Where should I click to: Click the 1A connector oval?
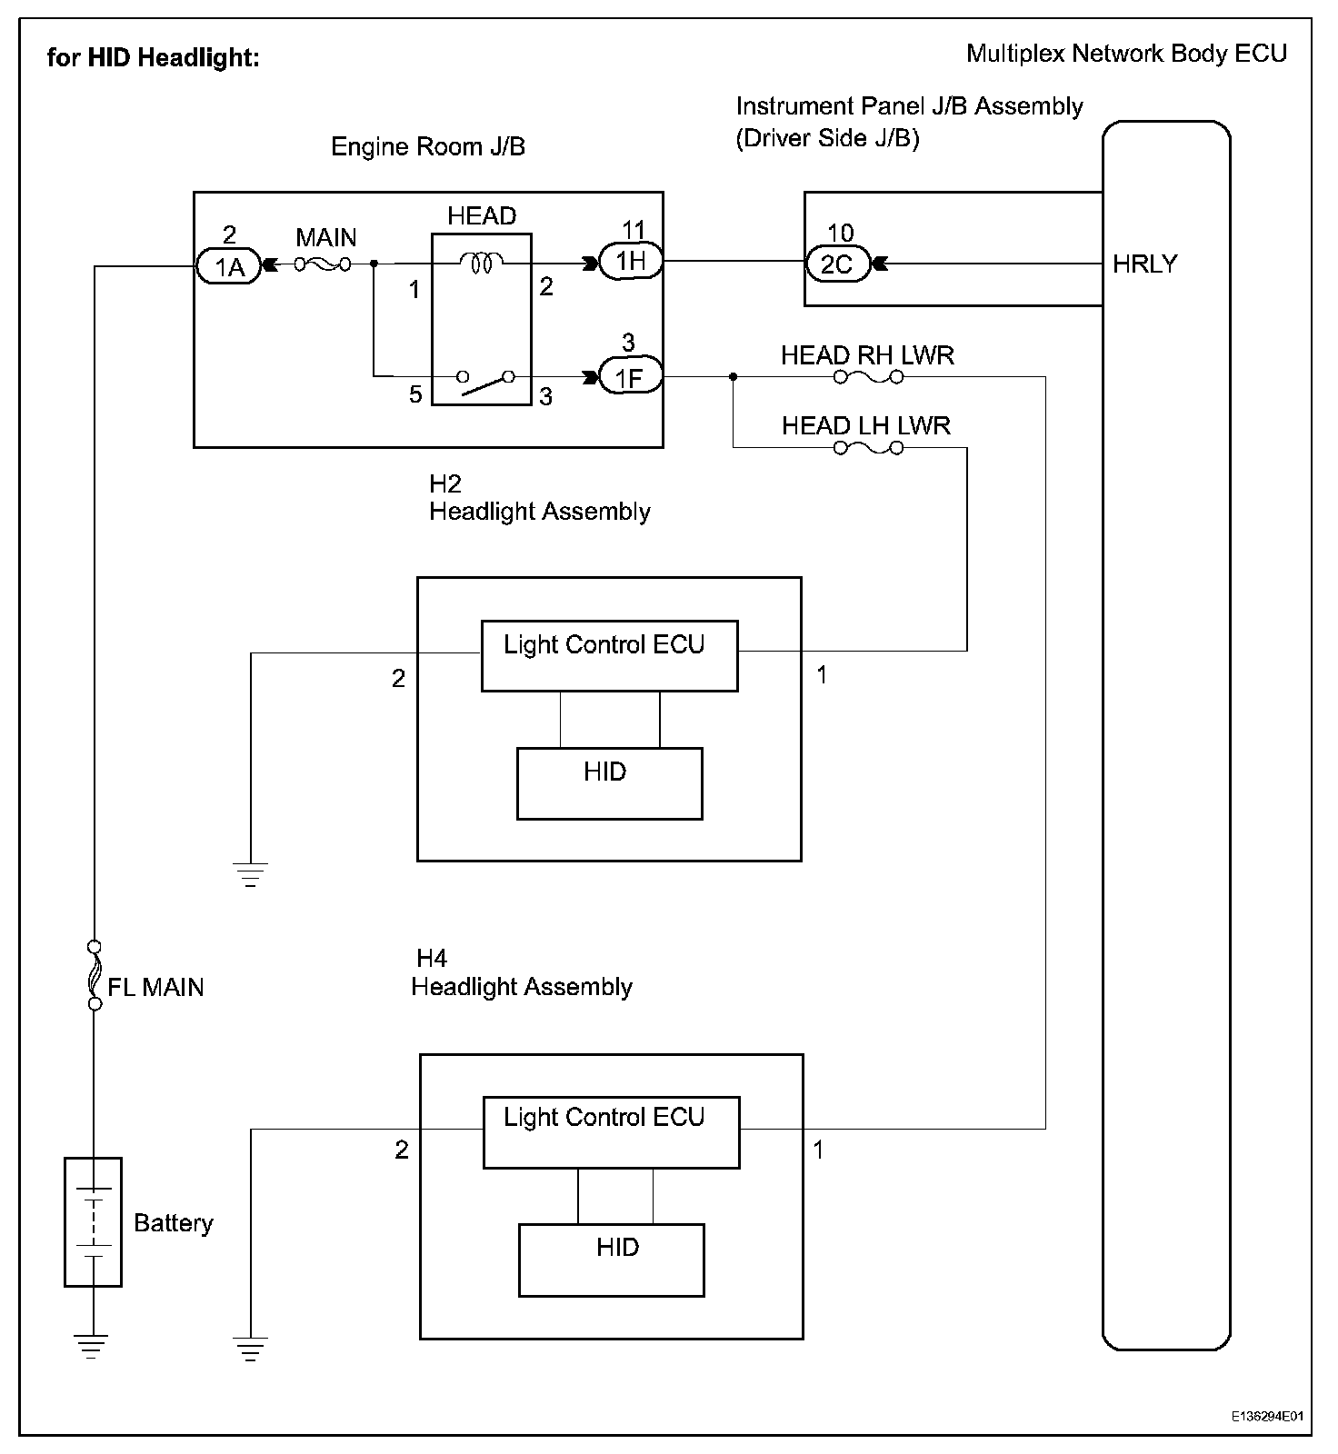pos(229,267)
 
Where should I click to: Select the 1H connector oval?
pos(631,262)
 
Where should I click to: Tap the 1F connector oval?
pos(630,376)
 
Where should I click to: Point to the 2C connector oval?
pos(837,264)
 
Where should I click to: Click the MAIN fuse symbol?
pos(323,265)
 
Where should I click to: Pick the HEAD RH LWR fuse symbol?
pos(868,376)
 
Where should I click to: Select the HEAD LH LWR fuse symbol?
pos(868,448)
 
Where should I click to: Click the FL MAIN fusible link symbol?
pos(93,975)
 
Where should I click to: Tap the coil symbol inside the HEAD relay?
pos(481,263)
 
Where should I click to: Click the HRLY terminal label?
pos(1144,264)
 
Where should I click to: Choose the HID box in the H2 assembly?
pos(609,783)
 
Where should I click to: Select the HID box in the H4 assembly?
pos(611,1259)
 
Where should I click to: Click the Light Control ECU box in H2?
pos(609,655)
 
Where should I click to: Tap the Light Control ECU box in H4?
pos(611,1131)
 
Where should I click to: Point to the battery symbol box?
pos(93,1221)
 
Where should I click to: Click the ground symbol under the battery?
pos(91,1345)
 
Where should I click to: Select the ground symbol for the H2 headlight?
pos(251,873)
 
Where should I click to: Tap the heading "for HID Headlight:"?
pos(154,58)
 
